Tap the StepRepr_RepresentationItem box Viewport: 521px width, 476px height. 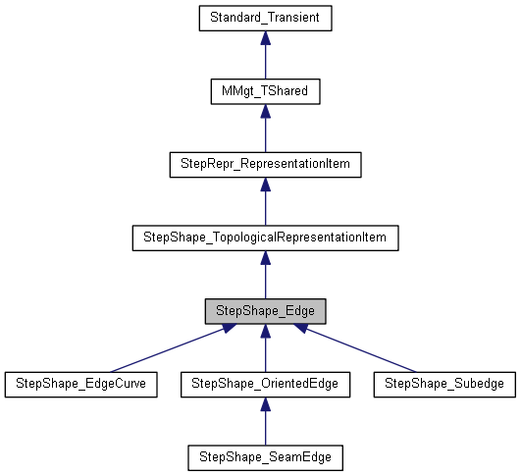pyautogui.click(x=265, y=164)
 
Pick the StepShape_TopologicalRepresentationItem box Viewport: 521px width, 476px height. pyautogui.click(x=265, y=238)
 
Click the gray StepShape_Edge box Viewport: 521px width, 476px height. pyautogui.click(x=265, y=311)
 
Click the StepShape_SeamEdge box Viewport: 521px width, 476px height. pyautogui.click(x=265, y=457)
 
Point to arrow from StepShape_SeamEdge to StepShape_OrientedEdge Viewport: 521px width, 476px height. pyautogui.click(x=265, y=424)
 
